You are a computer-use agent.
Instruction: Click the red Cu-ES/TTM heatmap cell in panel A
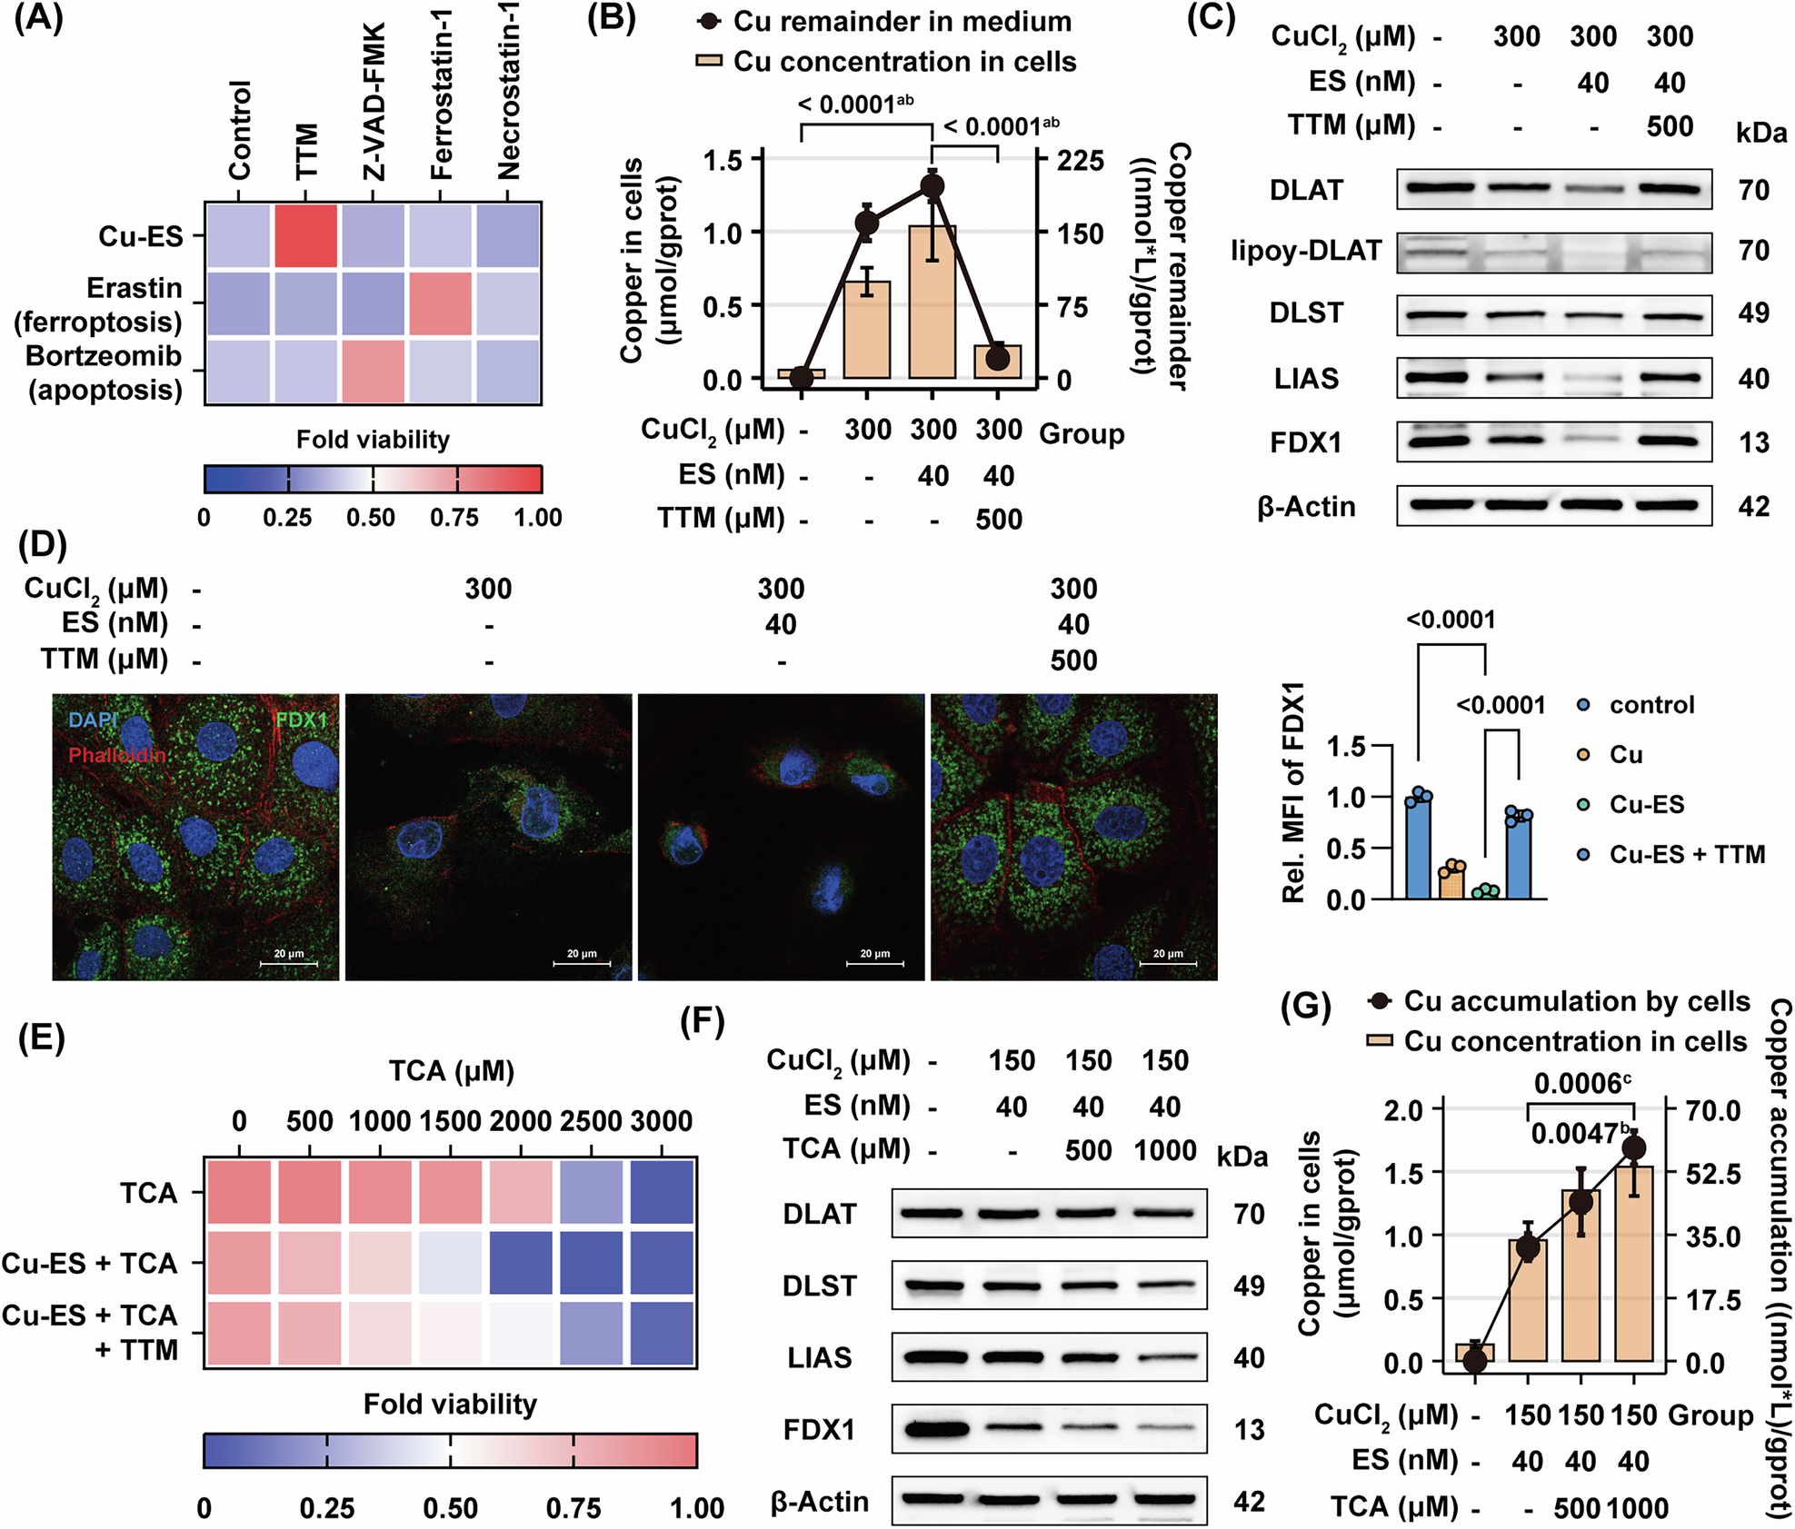click(x=305, y=236)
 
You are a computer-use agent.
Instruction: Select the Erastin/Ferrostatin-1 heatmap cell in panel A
click(x=441, y=304)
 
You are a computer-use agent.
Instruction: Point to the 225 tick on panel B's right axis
click(x=1080, y=161)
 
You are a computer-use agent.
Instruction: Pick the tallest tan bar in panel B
click(x=932, y=302)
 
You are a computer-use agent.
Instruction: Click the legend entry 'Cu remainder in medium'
click(x=902, y=21)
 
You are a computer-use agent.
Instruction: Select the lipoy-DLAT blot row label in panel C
click(x=1306, y=251)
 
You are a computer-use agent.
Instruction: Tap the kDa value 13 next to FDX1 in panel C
click(x=1753, y=443)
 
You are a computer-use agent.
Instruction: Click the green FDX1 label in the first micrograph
click(x=301, y=720)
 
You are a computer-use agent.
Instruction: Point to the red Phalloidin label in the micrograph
click(x=117, y=755)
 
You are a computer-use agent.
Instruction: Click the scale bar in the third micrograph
click(x=874, y=963)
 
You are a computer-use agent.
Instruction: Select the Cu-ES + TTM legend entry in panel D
click(x=1687, y=854)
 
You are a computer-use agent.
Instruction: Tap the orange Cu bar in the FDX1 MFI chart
click(x=1451, y=881)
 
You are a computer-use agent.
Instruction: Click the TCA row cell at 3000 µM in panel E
click(x=661, y=1192)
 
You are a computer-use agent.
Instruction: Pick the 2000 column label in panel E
click(x=521, y=1121)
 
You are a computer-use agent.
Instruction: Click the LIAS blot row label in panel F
click(x=819, y=1357)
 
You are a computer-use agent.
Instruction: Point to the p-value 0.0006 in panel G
click(x=1581, y=1084)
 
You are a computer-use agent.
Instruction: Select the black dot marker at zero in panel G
click(x=1474, y=1360)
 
